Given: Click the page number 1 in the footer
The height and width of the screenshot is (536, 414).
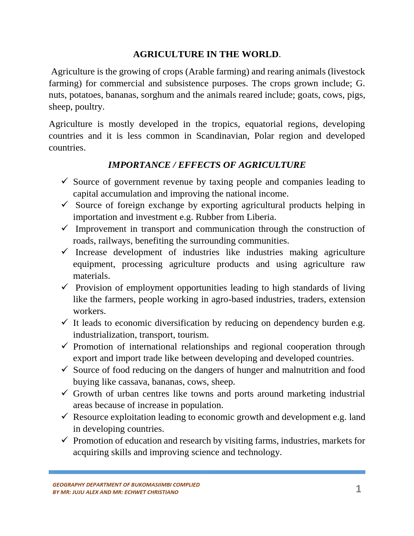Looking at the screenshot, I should click(359, 489).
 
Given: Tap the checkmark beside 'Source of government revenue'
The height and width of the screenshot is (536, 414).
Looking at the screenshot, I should click(65, 181).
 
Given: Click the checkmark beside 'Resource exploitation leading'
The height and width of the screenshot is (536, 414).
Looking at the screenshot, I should click(65, 416).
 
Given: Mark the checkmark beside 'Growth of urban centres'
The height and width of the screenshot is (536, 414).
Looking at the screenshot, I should click(65, 393).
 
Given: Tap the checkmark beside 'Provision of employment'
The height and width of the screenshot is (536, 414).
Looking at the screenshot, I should click(65, 287).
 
